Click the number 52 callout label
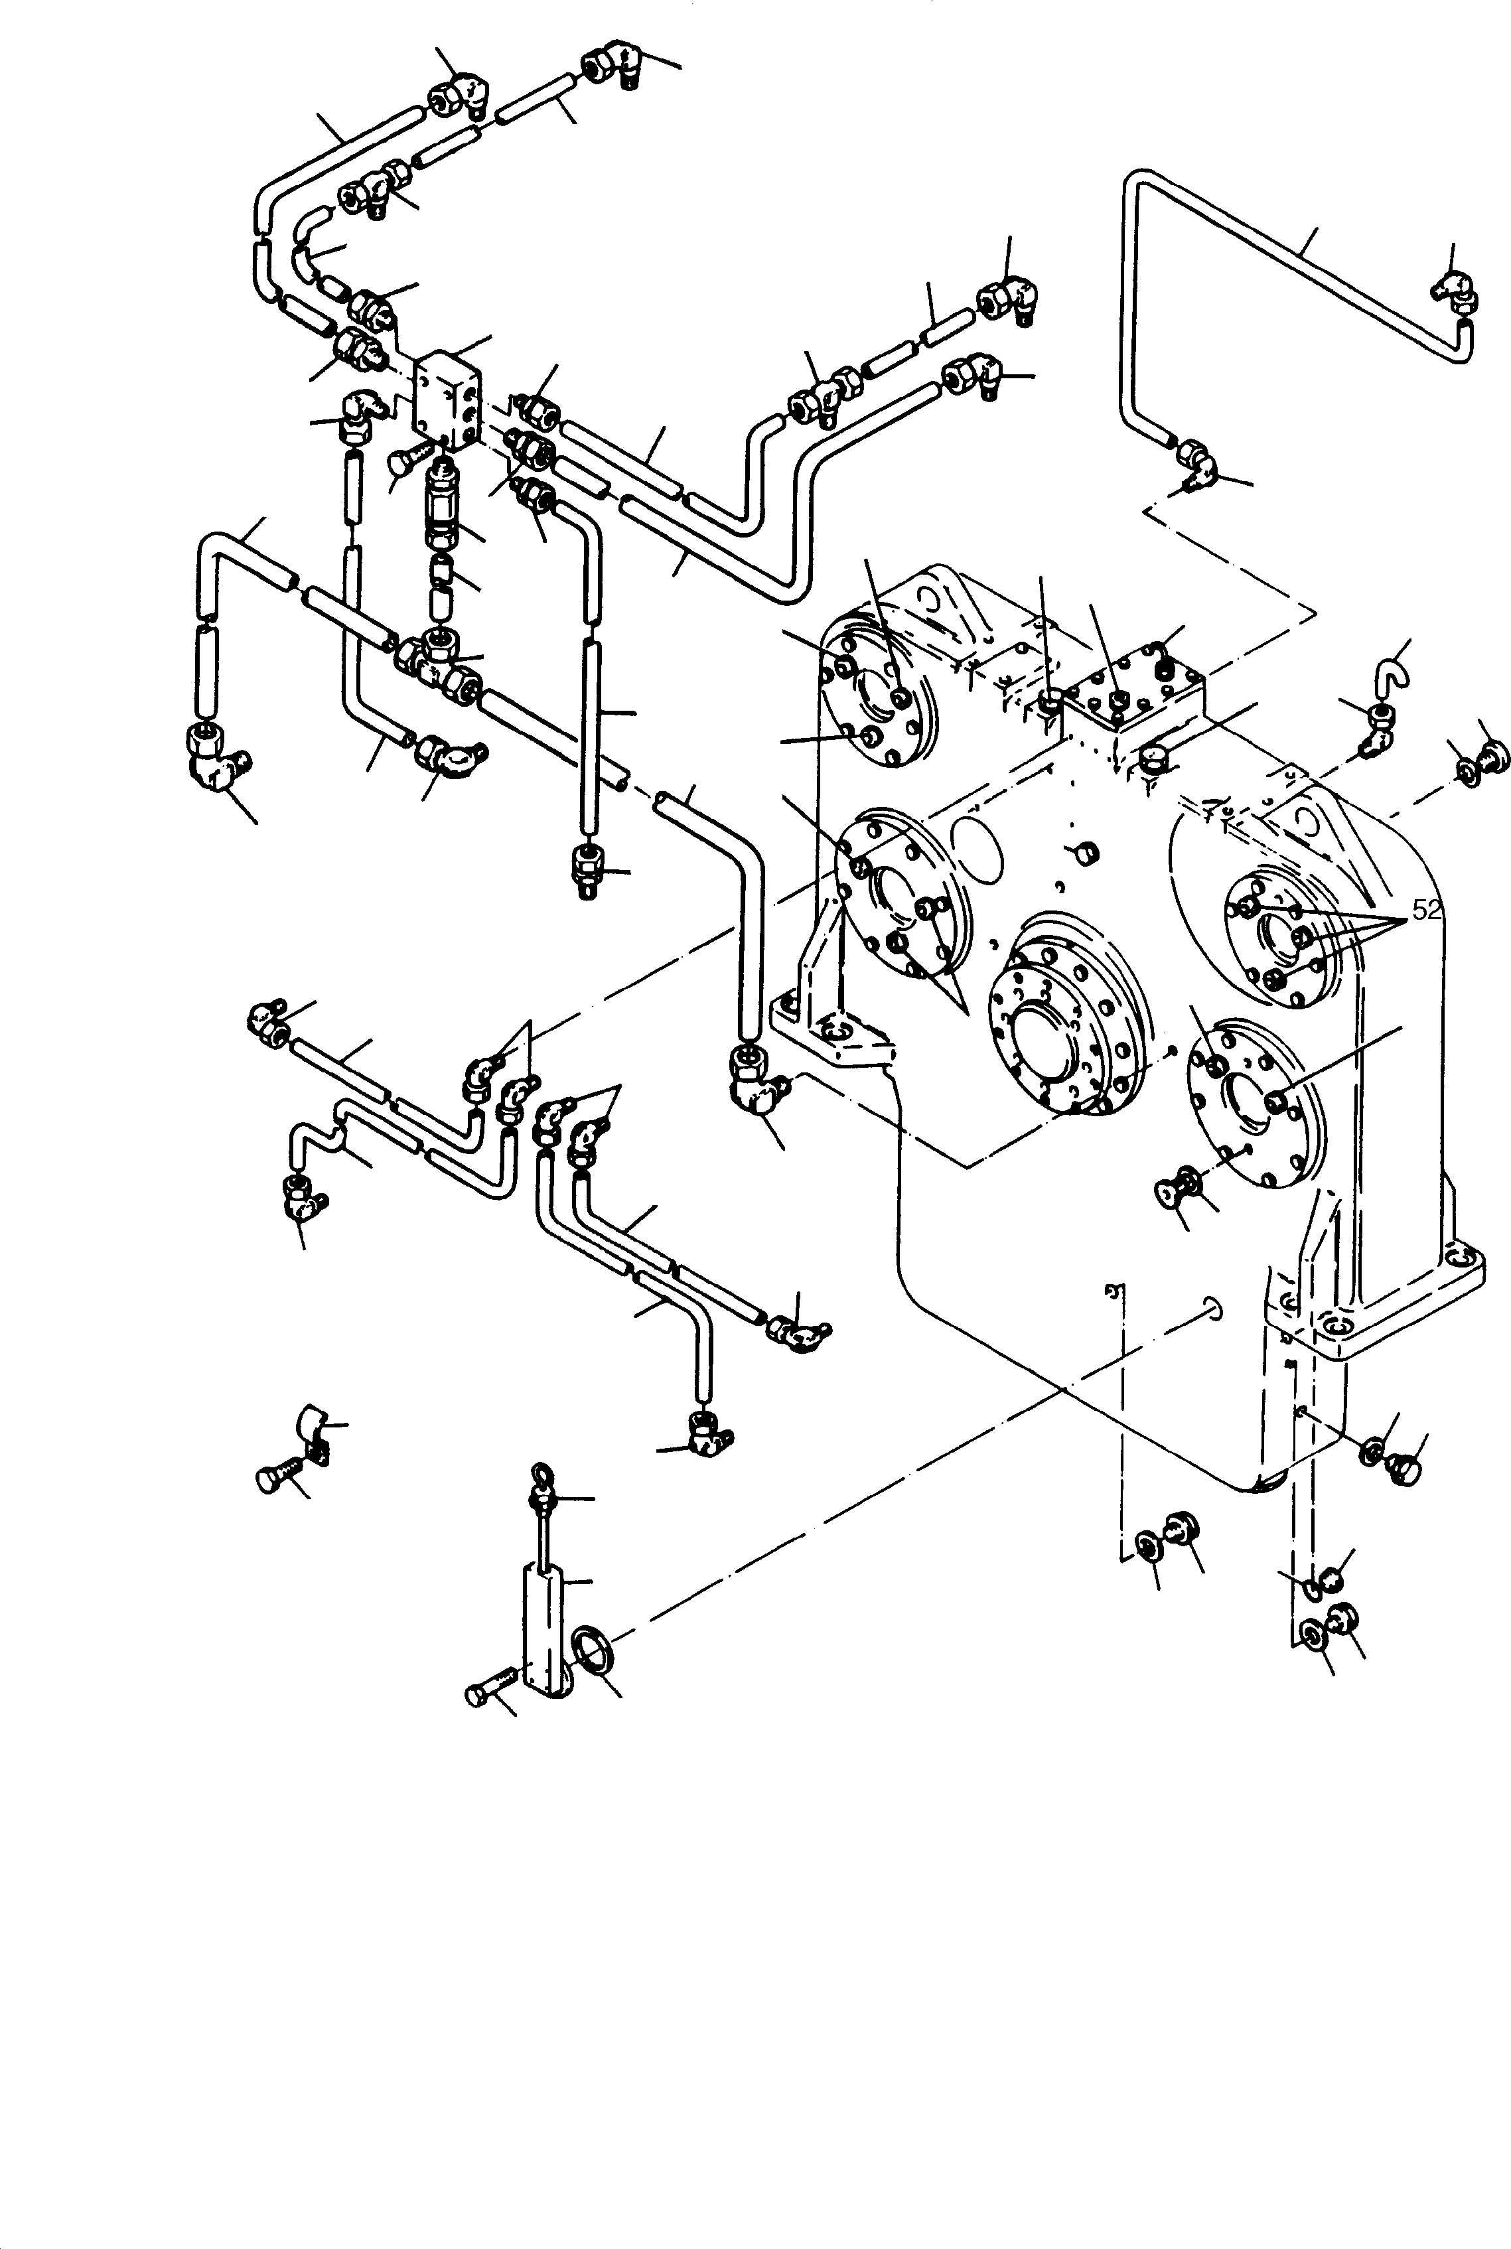1426,910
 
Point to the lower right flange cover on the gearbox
1255,1098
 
